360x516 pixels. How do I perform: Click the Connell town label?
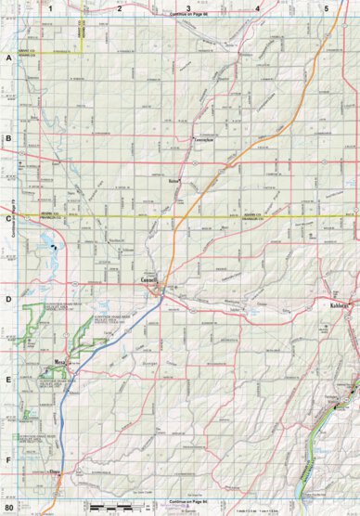pyautogui.click(x=151, y=279)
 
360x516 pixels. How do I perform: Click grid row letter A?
pyautogui.click(x=8, y=58)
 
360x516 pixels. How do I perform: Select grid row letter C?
pyautogui.click(x=8, y=221)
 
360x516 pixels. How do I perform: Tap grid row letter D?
pyautogui.click(x=8, y=299)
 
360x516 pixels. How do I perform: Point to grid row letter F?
pyautogui.click(x=8, y=460)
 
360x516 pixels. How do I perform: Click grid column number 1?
pyautogui.click(x=52, y=7)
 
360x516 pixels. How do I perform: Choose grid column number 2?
pyautogui.click(x=120, y=7)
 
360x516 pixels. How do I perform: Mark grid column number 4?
pyautogui.click(x=257, y=7)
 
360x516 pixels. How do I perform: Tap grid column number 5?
pyautogui.click(x=326, y=7)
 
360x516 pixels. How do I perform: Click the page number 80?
pyautogui.click(x=9, y=509)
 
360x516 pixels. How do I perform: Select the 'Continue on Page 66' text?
pyautogui.click(x=188, y=15)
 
